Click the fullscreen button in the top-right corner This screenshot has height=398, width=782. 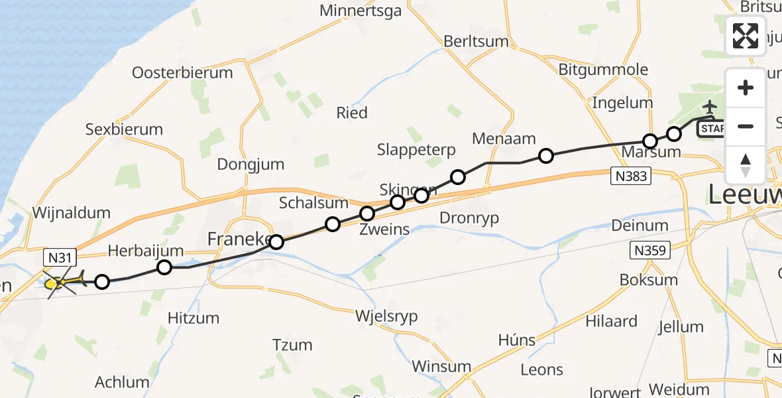(x=746, y=36)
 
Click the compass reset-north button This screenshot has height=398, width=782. (x=746, y=165)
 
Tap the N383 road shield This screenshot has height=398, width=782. (x=630, y=176)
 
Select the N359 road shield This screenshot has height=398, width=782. (x=649, y=250)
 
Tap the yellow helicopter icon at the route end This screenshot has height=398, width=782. (x=62, y=283)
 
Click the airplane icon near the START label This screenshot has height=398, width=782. (x=710, y=107)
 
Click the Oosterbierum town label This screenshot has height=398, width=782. (x=182, y=73)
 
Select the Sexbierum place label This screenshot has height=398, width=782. (x=124, y=129)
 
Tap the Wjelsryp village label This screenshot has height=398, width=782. (x=386, y=316)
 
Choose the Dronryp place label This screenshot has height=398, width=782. (x=469, y=218)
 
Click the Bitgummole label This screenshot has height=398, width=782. (x=603, y=70)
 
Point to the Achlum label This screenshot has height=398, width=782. (x=122, y=382)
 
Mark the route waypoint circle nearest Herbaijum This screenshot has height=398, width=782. (x=164, y=267)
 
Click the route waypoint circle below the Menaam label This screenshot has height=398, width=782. (x=545, y=156)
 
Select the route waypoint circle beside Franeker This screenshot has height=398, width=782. (x=276, y=242)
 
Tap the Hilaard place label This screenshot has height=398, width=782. (x=611, y=322)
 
